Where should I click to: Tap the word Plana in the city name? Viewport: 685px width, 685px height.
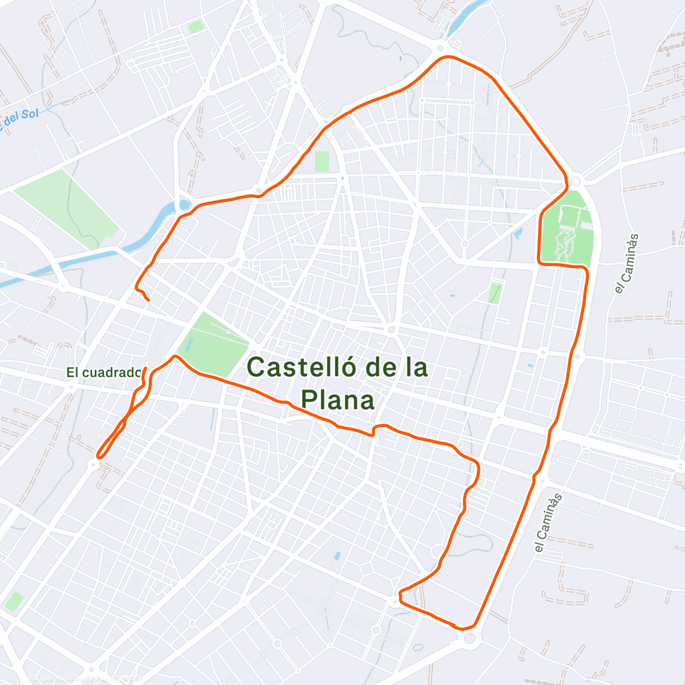(x=338, y=400)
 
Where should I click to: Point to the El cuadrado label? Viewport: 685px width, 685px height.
(x=103, y=373)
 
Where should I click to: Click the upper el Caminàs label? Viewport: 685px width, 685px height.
(x=626, y=264)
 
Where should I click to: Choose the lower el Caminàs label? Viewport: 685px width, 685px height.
(x=548, y=523)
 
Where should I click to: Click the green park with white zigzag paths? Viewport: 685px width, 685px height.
(x=566, y=228)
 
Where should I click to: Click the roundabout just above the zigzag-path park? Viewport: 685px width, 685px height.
(x=575, y=181)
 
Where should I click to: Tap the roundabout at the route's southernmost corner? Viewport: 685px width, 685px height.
(x=469, y=638)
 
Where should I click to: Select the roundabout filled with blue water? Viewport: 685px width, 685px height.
(x=184, y=204)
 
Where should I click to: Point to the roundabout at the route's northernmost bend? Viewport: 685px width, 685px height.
(x=440, y=49)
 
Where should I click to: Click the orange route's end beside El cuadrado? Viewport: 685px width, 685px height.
(x=146, y=369)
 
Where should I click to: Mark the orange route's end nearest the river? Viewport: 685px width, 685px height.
(x=148, y=300)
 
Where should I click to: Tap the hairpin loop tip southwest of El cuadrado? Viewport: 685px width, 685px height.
(x=99, y=456)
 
